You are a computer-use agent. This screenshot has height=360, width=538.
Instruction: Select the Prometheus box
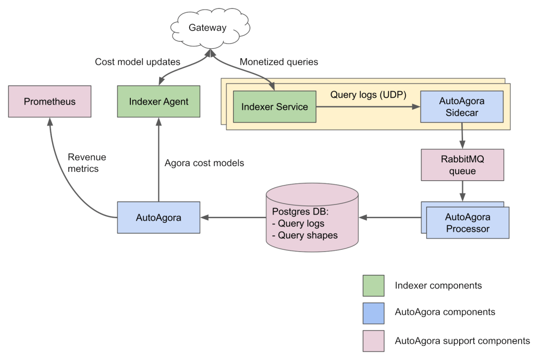(49, 102)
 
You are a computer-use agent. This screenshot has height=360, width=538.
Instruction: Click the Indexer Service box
(274, 107)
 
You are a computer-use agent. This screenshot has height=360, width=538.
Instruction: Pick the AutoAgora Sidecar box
(461, 107)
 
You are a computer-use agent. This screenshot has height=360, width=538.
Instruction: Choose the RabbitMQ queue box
(462, 164)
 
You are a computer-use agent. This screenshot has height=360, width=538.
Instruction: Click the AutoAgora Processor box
(467, 223)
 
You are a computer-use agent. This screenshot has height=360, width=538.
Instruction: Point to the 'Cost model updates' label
(137, 62)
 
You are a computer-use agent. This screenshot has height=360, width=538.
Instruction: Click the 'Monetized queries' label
(278, 62)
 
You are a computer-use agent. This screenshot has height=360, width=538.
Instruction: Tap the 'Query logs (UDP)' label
(368, 95)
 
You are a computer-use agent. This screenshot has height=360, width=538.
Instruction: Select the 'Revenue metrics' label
(87, 163)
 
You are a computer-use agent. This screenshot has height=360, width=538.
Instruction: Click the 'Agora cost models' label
(204, 163)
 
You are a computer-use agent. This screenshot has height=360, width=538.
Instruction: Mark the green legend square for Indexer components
(373, 286)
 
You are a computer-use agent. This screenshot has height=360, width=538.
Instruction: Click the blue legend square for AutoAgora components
(373, 312)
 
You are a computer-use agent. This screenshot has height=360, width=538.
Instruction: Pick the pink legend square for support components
(373, 341)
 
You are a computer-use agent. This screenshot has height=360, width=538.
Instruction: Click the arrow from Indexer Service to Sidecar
(368, 107)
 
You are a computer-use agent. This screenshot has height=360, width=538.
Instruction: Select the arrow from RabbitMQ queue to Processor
(462, 191)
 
